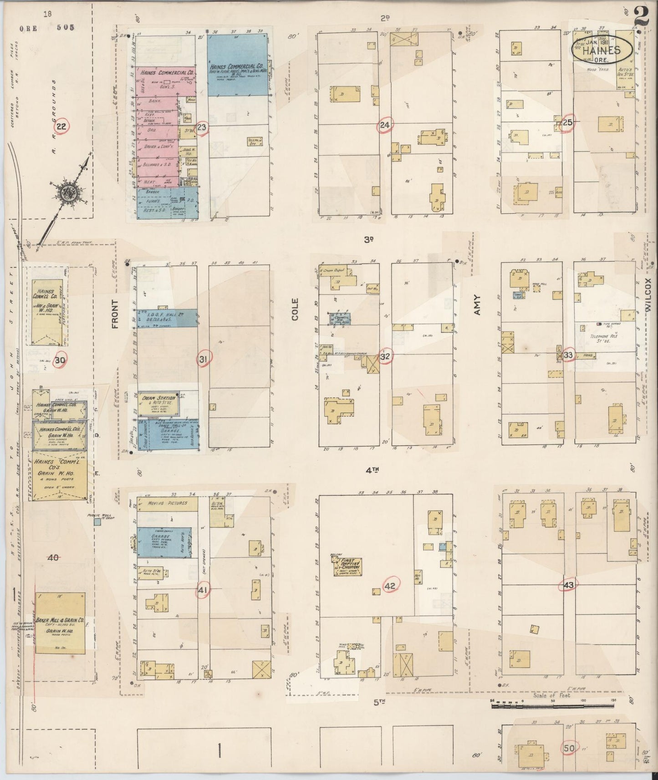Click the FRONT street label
tap(115, 314)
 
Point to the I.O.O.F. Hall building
tap(167, 318)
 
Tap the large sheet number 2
tap(642, 18)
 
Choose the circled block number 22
tap(61, 127)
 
